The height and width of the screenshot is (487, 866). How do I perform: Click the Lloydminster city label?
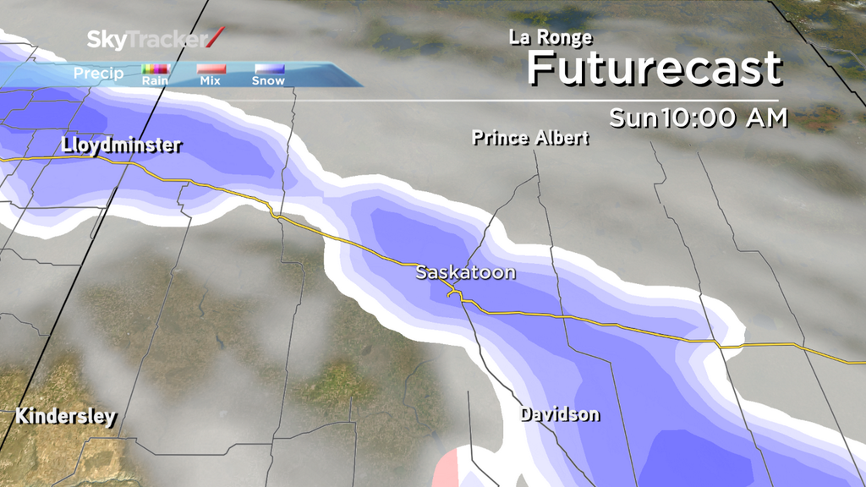[122, 145]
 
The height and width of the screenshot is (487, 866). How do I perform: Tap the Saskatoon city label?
[465, 273]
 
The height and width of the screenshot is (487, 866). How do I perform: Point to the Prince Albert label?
[530, 137]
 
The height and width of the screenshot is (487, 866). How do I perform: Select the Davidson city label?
[560, 414]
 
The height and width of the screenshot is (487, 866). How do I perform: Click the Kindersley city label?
[65, 417]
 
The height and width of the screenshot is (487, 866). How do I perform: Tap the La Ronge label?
[551, 37]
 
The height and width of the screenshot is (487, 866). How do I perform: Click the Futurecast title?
[654, 68]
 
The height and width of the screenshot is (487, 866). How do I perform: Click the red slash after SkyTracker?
[216, 38]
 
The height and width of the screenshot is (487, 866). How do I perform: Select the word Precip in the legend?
[98, 74]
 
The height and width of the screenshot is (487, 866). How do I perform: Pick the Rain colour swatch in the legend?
[156, 68]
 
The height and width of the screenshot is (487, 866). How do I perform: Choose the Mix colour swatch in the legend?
[211, 68]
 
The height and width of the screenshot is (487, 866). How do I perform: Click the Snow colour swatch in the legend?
[269, 68]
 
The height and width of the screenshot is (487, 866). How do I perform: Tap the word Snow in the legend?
[268, 81]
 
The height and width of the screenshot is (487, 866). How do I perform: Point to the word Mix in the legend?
[211, 81]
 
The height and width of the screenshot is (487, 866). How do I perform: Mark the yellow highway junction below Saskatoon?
[455, 295]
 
